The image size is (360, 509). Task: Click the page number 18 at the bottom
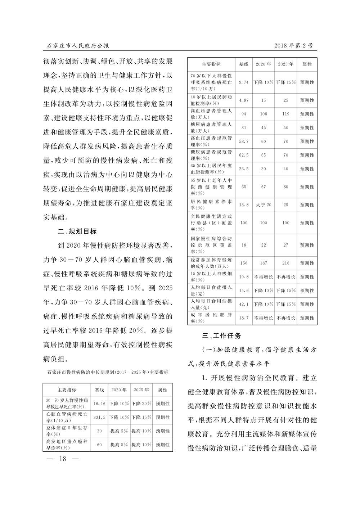coord(63,459)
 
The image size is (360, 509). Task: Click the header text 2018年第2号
coord(293,46)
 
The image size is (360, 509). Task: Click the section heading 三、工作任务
coord(222,336)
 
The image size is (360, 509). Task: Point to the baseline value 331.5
coord(99,417)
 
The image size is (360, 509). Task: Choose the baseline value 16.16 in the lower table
coord(99,404)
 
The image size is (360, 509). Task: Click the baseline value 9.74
coord(244,82)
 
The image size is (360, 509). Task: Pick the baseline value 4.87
coord(244,100)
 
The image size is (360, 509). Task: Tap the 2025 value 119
coord(285,114)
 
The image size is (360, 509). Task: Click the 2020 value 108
coord(264,114)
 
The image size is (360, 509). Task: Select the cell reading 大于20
coord(264,205)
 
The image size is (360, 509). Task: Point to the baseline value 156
coord(244,263)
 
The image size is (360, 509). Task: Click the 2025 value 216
coord(285,263)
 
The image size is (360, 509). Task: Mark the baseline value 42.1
coord(244,304)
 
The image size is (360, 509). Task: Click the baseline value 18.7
coord(244,318)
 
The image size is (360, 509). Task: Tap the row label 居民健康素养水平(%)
coord(211,205)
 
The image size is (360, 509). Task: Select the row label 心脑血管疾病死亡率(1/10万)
coord(67,417)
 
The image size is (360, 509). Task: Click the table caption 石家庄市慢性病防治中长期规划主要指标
coord(108,372)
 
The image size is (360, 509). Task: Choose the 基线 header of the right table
coord(244,64)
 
